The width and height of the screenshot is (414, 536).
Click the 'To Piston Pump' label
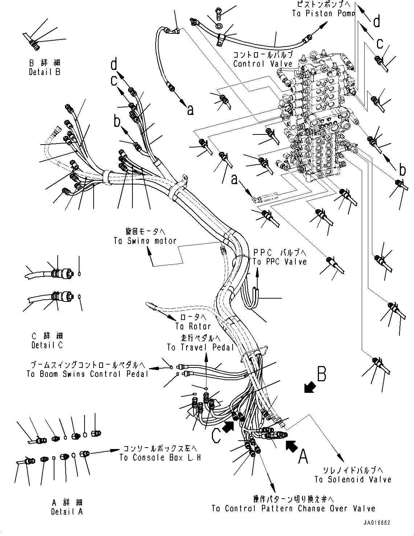coord(323,14)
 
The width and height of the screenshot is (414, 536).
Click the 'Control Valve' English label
coord(262,64)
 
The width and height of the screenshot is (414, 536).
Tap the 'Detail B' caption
coord(45,72)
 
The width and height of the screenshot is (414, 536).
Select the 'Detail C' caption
coord(47,345)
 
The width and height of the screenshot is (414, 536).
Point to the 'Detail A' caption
coord(67,511)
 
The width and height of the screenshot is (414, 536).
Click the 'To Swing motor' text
coord(145,241)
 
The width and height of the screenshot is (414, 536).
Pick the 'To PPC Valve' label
coord(279,262)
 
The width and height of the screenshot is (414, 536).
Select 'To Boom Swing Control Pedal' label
coord(87,374)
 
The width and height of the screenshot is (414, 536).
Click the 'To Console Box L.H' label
coord(160,458)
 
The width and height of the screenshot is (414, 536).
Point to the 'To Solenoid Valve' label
coord(353,479)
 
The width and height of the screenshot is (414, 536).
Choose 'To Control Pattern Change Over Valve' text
coord(293,508)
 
